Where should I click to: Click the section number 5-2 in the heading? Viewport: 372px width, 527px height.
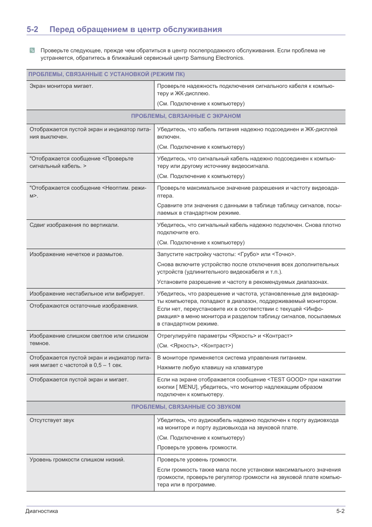(32, 29)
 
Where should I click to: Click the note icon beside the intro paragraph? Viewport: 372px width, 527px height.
(32, 50)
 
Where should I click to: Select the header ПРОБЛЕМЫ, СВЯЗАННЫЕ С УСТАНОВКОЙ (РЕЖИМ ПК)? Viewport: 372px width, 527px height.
(106, 74)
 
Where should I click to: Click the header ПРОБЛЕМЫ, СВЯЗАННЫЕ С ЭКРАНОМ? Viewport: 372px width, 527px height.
(186, 116)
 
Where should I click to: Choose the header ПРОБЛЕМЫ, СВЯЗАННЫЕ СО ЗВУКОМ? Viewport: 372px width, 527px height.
(186, 407)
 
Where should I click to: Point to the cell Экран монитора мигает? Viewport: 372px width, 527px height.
(61, 86)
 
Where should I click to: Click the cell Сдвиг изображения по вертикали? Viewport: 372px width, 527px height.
(74, 225)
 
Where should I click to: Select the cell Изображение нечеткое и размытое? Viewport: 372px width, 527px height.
(76, 254)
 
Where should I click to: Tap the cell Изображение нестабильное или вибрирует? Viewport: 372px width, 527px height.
(87, 294)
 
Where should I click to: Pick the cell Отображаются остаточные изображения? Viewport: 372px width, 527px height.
(84, 306)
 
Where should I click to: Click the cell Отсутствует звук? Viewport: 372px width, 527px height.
(52, 420)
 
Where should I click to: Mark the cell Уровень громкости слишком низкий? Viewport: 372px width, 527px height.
(77, 459)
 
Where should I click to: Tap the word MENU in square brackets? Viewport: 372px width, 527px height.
(188, 387)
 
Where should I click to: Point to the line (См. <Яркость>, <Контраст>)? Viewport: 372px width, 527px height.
(195, 345)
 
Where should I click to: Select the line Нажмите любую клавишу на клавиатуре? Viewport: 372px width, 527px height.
(210, 367)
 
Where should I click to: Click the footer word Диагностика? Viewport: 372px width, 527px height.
(42, 511)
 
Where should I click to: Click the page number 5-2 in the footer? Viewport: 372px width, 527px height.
(340, 511)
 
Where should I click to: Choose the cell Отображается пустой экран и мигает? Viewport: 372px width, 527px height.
(79, 379)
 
